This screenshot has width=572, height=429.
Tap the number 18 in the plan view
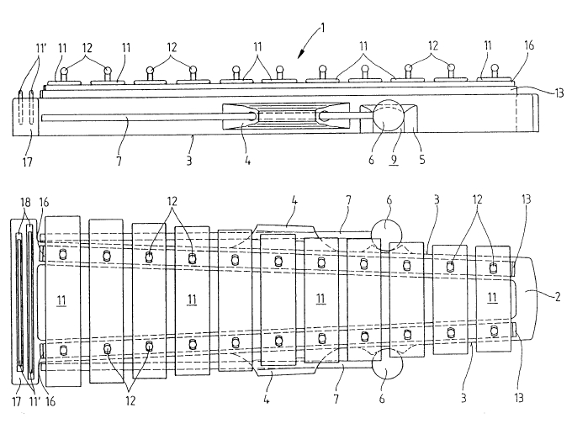(24, 204)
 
